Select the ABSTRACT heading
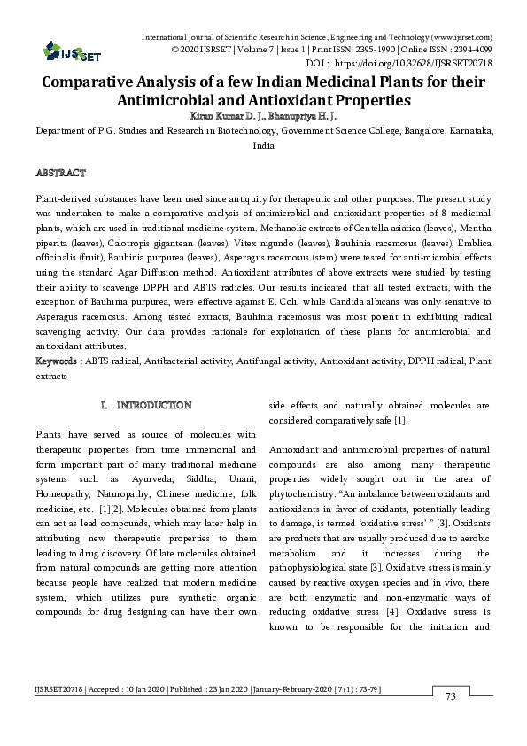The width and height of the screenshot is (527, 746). pyautogui.click(x=60, y=170)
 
